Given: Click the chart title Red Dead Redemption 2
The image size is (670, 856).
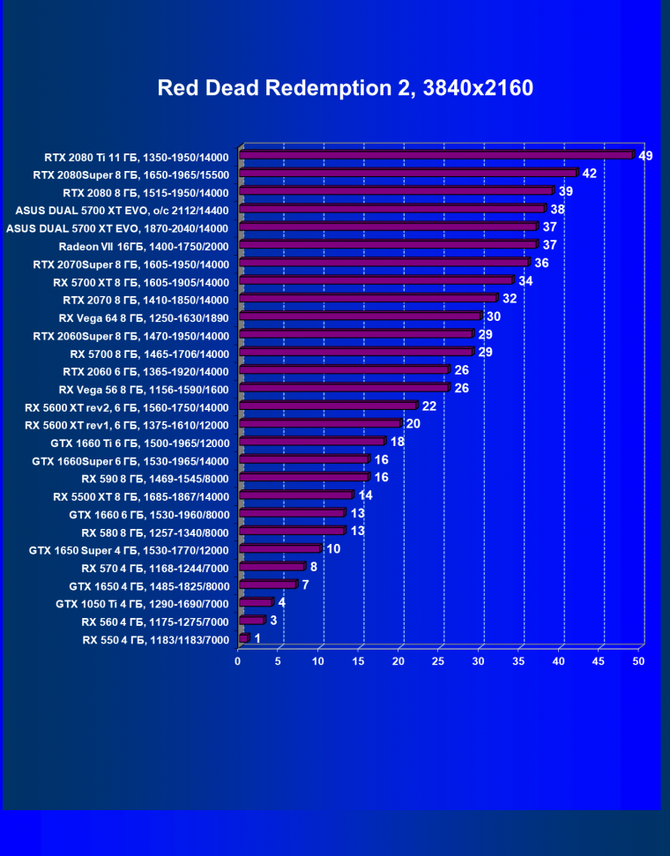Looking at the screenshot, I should [345, 88].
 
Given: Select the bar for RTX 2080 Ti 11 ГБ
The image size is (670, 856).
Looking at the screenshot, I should [436, 156].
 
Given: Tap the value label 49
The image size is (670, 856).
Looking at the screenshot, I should [645, 156].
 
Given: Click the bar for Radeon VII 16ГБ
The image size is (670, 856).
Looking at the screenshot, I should [388, 245].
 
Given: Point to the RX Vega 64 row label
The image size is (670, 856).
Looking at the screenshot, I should [144, 317].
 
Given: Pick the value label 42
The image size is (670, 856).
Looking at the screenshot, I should [589, 174].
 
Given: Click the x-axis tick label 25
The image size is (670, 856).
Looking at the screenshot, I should [439, 661].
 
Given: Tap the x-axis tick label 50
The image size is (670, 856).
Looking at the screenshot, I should [639, 661].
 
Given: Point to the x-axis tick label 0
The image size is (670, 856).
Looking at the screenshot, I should [238, 661].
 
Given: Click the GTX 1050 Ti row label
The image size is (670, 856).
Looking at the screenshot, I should [142, 604].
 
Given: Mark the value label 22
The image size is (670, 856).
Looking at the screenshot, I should [429, 406].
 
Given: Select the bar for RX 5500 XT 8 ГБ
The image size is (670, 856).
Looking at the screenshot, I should [295, 496].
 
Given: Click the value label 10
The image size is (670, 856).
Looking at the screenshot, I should [333, 549].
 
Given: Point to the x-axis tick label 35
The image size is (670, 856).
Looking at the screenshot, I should [519, 661].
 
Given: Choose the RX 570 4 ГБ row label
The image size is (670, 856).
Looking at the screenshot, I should [155, 568].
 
